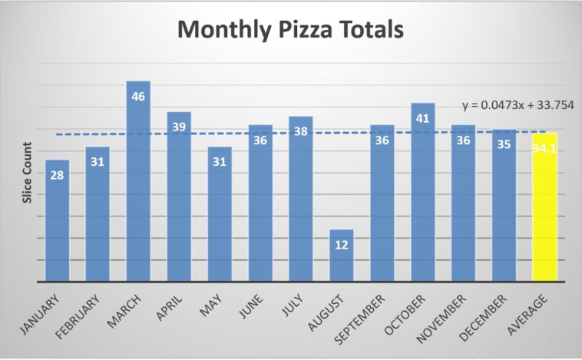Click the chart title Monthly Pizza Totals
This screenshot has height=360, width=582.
pyautogui.click(x=290, y=31)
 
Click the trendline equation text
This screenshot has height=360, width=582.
pyautogui.click(x=519, y=104)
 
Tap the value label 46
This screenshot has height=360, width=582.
pyautogui.click(x=138, y=97)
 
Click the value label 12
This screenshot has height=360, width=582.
pyautogui.click(x=342, y=245)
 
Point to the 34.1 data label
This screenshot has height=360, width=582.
pyautogui.click(x=544, y=148)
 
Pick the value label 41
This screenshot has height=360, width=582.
pyautogui.click(x=423, y=118)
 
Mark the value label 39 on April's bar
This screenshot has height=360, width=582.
pyautogui.click(x=179, y=127)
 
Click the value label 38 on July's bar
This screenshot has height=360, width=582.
pyautogui.click(x=301, y=131)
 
